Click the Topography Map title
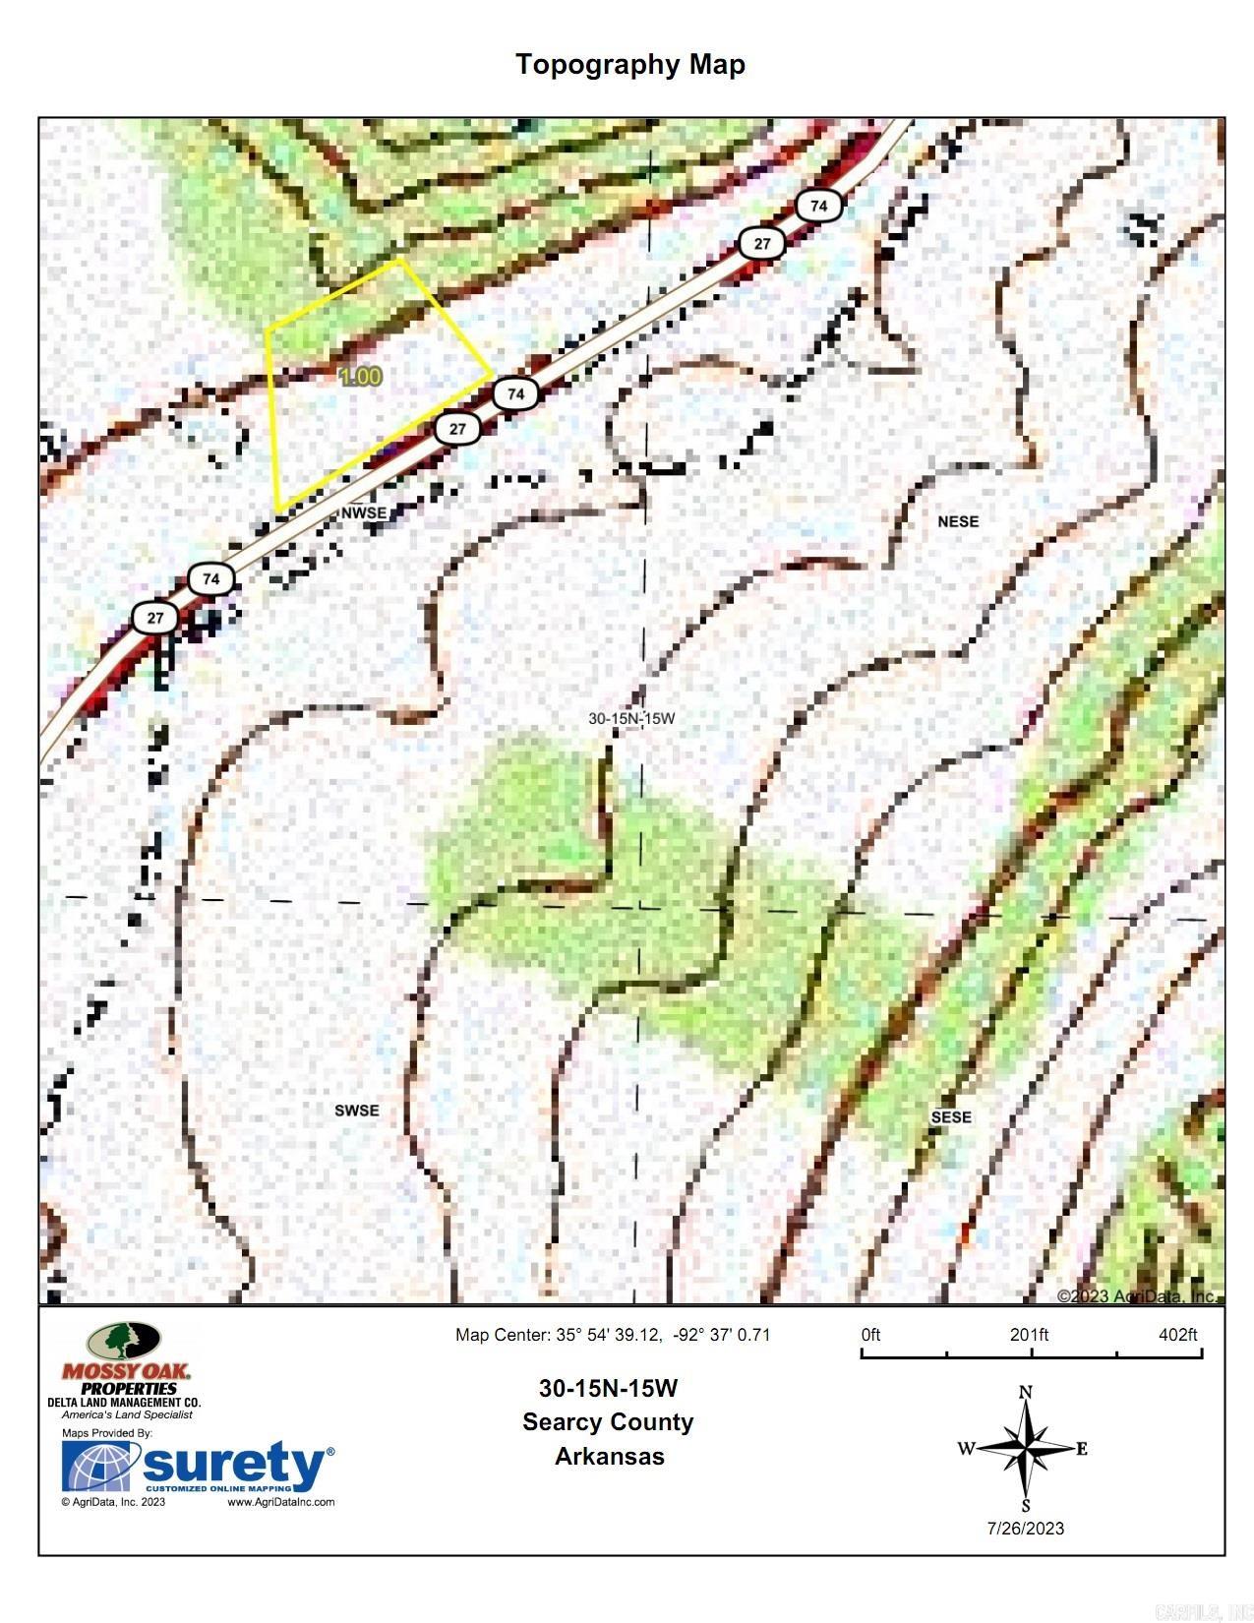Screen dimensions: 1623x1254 [630, 65]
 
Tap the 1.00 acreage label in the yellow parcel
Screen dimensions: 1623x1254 [360, 377]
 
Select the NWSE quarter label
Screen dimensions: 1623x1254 [363, 513]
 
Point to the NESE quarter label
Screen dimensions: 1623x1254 [958, 521]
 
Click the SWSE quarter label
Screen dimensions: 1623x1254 [356, 1111]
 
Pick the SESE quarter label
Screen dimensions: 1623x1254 [950, 1117]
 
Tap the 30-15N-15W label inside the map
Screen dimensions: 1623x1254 [631, 718]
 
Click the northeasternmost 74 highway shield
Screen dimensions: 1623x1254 [818, 206]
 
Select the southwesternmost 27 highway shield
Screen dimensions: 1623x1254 [155, 618]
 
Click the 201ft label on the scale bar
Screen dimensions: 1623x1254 [1029, 1335]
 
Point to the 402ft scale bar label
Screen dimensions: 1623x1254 [1177, 1335]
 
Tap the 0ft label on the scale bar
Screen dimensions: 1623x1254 [870, 1335]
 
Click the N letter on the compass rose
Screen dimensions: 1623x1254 [1026, 1392]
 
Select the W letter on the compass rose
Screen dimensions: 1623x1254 [966, 1448]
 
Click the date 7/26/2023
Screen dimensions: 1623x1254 [1026, 1528]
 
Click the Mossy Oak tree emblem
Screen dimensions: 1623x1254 [123, 1341]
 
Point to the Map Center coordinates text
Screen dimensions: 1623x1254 [612, 1335]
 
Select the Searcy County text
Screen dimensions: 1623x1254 [608, 1421]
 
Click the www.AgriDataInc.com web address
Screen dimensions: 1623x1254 [281, 1502]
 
